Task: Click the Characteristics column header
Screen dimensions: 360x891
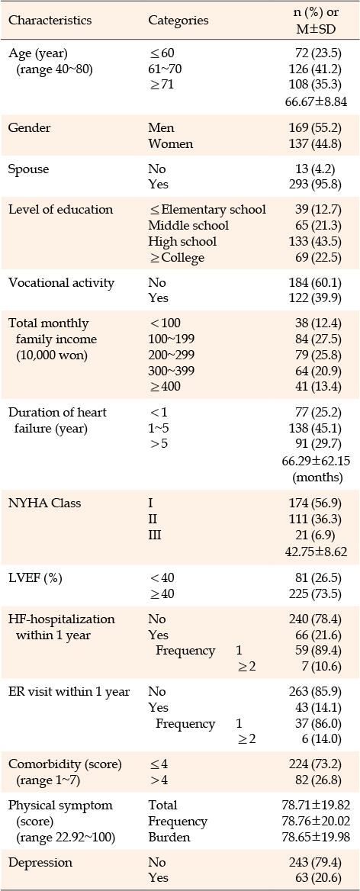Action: click(50, 21)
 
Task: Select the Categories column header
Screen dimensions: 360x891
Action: click(178, 21)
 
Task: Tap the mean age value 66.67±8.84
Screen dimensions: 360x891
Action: click(312, 101)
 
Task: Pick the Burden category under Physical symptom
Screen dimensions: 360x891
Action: click(167, 838)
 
